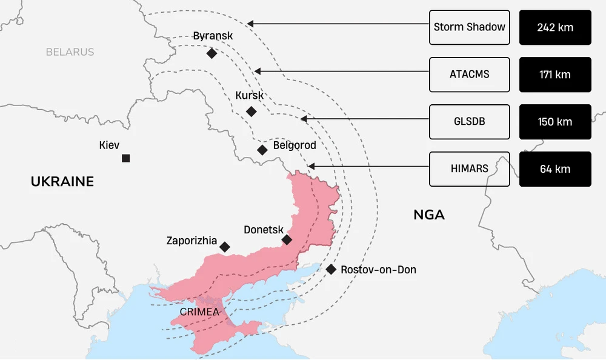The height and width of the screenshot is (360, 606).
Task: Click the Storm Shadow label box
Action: [469, 27]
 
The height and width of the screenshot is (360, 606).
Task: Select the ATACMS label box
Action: [469, 75]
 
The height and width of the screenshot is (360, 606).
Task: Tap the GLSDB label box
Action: [469, 122]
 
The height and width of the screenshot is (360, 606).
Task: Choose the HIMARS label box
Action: [469, 168]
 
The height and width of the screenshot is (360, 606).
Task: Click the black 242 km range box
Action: [555, 27]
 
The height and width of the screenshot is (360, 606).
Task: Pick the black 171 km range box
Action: [555, 75]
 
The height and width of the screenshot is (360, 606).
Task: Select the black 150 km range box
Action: [555, 122]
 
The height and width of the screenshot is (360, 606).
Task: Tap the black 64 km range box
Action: [555, 168]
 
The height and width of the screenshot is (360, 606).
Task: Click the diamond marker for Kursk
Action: [251, 112]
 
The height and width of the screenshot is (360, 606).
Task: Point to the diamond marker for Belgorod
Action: [262, 150]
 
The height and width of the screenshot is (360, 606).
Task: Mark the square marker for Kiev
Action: [125, 158]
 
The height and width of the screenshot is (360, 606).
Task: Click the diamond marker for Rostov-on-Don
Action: [331, 269]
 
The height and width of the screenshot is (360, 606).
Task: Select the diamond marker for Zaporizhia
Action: [225, 247]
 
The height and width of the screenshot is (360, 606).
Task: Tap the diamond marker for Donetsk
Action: [287, 240]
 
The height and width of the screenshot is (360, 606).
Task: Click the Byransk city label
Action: [213, 36]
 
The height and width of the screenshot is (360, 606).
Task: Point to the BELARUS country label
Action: [70, 52]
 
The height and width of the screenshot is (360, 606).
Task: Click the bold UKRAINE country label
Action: [62, 181]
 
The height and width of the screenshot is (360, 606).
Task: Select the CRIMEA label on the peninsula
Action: [199, 312]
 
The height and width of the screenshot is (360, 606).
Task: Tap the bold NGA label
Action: [429, 215]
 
